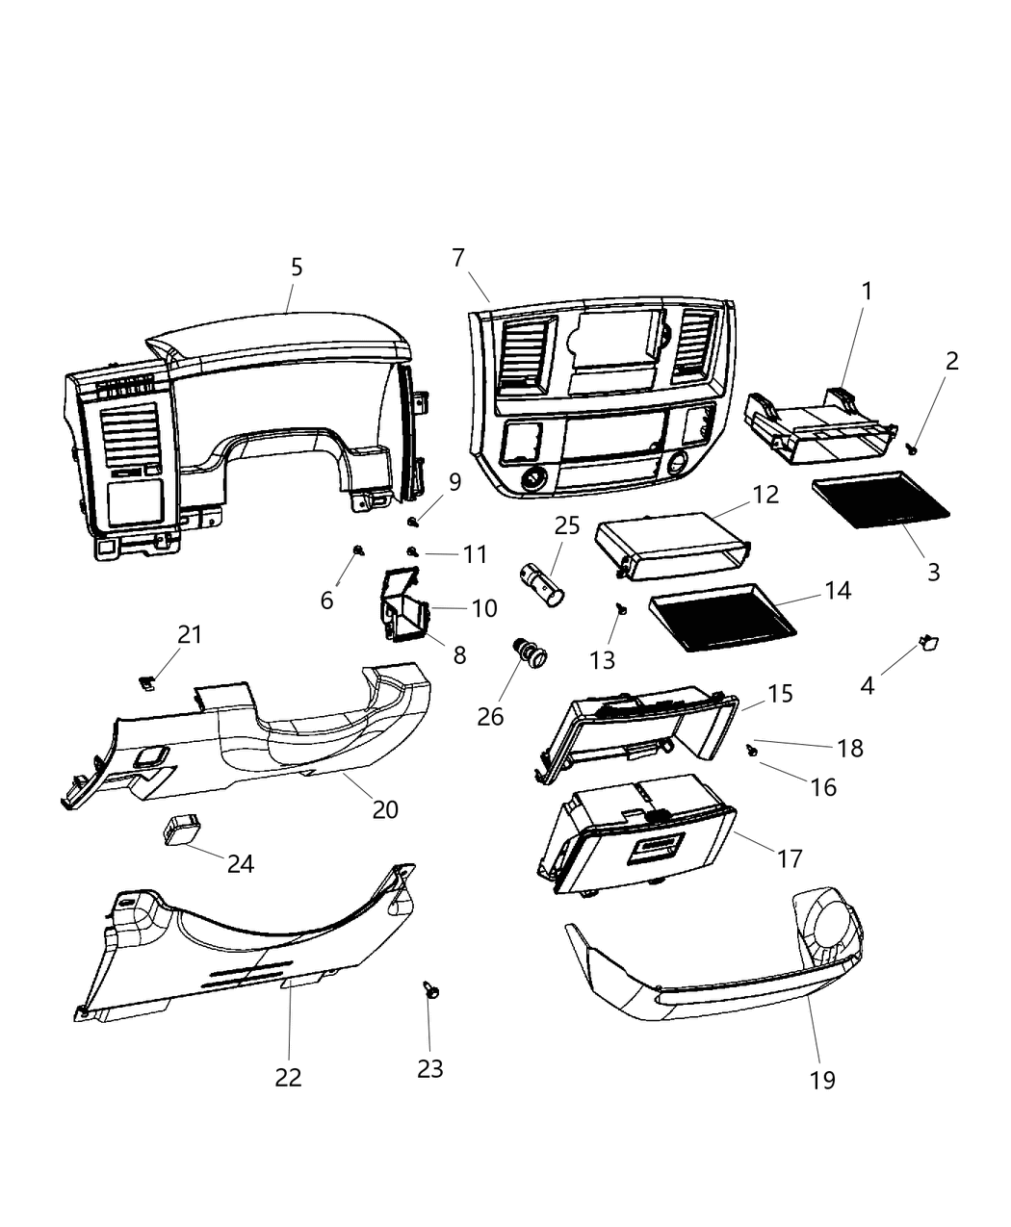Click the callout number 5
(297, 268)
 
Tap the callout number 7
(458, 258)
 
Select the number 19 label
(821, 1080)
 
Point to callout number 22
(288, 1077)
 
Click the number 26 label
(490, 716)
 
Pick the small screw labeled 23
(428, 989)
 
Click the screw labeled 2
(911, 448)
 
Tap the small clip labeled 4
(929, 642)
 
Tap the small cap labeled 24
(181, 828)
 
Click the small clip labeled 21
(145, 681)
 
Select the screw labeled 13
(621, 608)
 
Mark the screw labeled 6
(359, 550)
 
